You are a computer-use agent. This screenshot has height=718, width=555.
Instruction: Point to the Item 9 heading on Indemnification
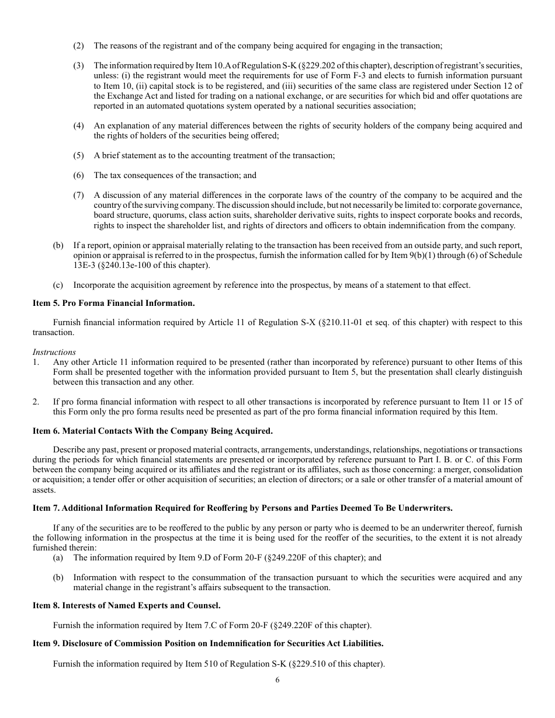[208, 643]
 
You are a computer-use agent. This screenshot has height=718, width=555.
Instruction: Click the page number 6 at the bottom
[277, 679]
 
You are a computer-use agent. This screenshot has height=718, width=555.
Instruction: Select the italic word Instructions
[54, 352]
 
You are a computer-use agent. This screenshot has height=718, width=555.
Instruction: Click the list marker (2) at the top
[78, 46]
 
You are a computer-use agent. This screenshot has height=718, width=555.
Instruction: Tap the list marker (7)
[78, 195]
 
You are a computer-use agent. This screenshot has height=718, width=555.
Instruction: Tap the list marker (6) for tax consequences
[78, 175]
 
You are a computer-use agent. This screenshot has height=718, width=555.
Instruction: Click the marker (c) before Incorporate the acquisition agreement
[58, 285]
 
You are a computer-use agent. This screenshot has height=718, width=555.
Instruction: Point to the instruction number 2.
[36, 402]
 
